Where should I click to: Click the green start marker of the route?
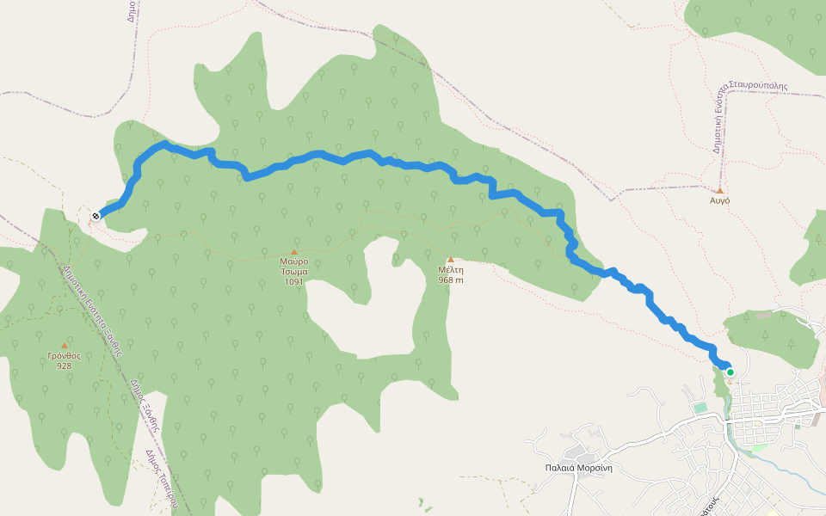(x=730, y=372)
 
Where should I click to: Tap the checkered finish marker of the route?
(x=96, y=215)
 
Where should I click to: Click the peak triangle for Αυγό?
(x=720, y=190)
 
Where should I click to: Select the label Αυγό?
(x=720, y=200)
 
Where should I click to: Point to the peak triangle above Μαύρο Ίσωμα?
(x=293, y=252)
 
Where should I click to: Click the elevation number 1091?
(x=293, y=281)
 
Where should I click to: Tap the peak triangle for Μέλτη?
(x=450, y=259)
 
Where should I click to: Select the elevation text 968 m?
(x=450, y=279)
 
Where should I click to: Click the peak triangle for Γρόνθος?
(x=64, y=346)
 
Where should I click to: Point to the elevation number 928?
(x=64, y=365)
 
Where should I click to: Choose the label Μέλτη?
(x=450, y=269)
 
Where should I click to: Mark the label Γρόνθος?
(x=64, y=355)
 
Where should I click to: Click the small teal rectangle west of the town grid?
(x=700, y=407)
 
